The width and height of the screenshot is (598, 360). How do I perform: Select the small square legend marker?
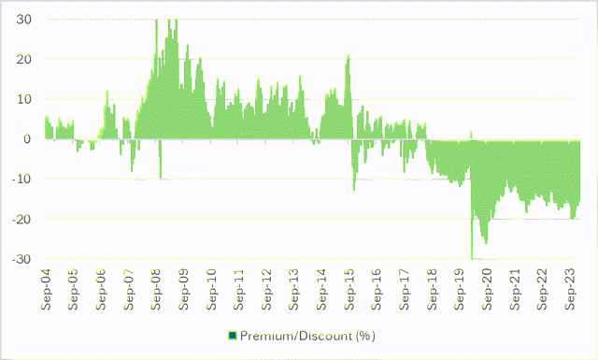pyautogui.click(x=234, y=335)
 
